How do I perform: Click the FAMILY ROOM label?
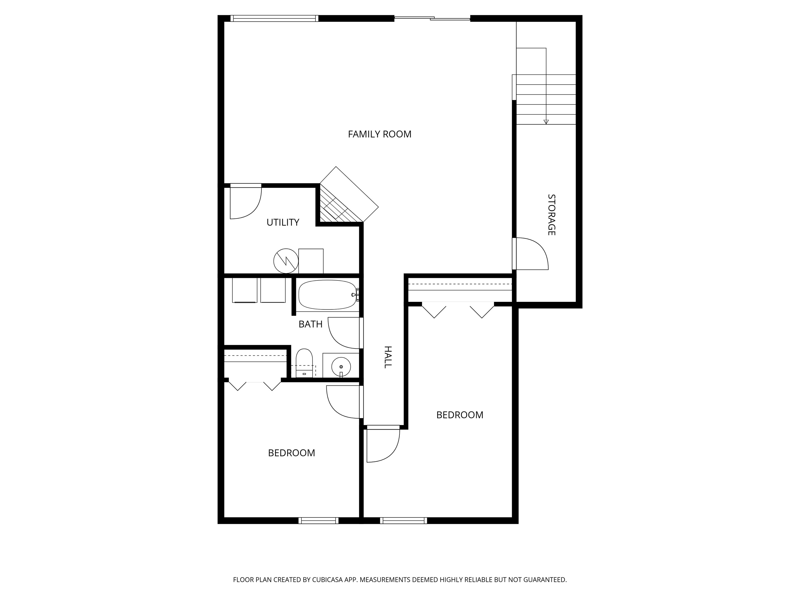(379, 134)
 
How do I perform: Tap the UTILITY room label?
(283, 222)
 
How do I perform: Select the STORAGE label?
(551, 215)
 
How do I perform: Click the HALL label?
(387, 357)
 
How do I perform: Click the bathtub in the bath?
(327, 295)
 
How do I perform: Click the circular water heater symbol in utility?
(286, 261)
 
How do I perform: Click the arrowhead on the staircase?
(546, 122)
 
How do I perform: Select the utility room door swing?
(246, 203)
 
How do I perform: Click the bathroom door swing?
(343, 333)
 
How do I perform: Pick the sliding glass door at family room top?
(432, 18)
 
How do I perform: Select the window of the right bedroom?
(403, 520)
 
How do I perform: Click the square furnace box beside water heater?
(311, 261)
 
